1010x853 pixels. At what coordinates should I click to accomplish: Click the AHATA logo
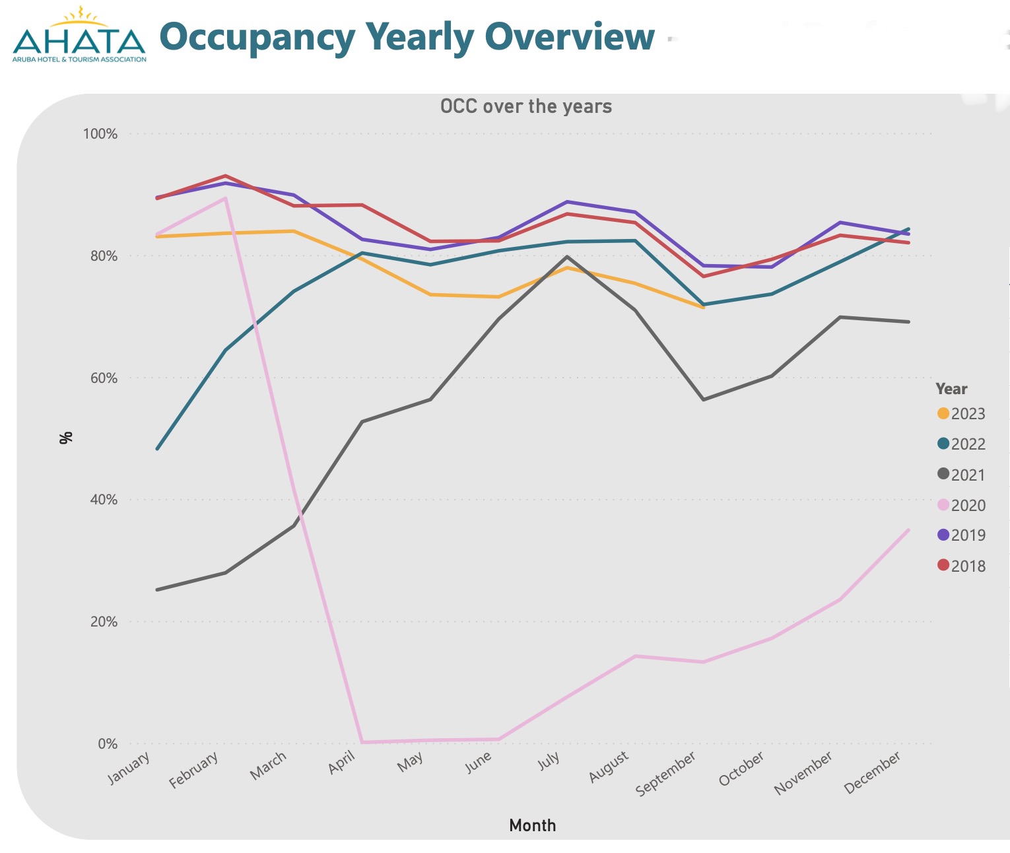pyautogui.click(x=79, y=37)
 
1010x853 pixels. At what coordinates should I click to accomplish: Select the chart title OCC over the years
pyautogui.click(x=526, y=106)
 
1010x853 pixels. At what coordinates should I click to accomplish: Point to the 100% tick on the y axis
pyautogui.click(x=100, y=134)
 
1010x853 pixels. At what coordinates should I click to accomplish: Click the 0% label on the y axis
pyautogui.click(x=107, y=744)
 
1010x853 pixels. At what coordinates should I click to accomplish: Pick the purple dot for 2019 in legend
pyautogui.click(x=943, y=535)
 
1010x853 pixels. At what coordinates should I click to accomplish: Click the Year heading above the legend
pyautogui.click(x=951, y=389)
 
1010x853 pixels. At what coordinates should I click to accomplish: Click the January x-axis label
pyautogui.click(x=129, y=768)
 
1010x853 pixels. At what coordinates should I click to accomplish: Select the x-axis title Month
pyautogui.click(x=532, y=825)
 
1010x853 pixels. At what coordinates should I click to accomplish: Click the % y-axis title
pyautogui.click(x=65, y=438)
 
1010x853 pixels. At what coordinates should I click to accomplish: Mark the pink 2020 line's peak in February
pyautogui.click(x=226, y=198)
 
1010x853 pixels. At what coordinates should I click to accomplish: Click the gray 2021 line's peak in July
pyautogui.click(x=567, y=257)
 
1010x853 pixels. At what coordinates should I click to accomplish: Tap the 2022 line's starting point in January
pyautogui.click(x=157, y=449)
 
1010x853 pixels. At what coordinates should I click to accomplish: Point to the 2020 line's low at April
pyautogui.click(x=362, y=742)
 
